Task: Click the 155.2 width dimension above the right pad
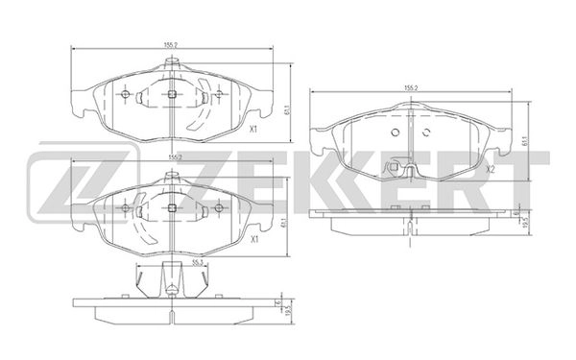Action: click(410, 88)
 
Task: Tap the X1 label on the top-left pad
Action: click(253, 130)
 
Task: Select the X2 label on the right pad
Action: click(489, 170)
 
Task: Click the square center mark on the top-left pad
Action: click(171, 94)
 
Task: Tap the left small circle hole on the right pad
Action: click(394, 132)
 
